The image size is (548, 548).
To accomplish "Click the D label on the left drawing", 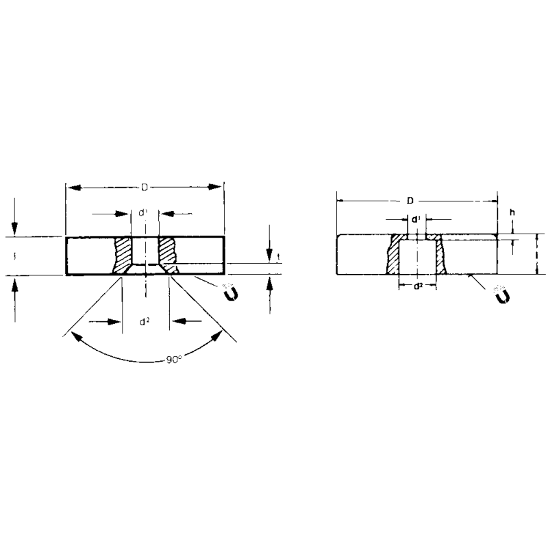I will pyautogui.click(x=144, y=186).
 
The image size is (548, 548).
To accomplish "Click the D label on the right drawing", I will pyautogui.click(x=410, y=201).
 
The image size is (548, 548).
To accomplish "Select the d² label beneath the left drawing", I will pyautogui.click(x=145, y=320).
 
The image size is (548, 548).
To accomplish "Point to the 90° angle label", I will pyautogui.click(x=174, y=359).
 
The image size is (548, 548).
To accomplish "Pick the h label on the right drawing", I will pyautogui.click(x=512, y=213).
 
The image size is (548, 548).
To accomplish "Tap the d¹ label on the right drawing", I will pyautogui.click(x=415, y=220).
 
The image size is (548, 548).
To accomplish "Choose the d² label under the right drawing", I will pyautogui.click(x=417, y=286).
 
